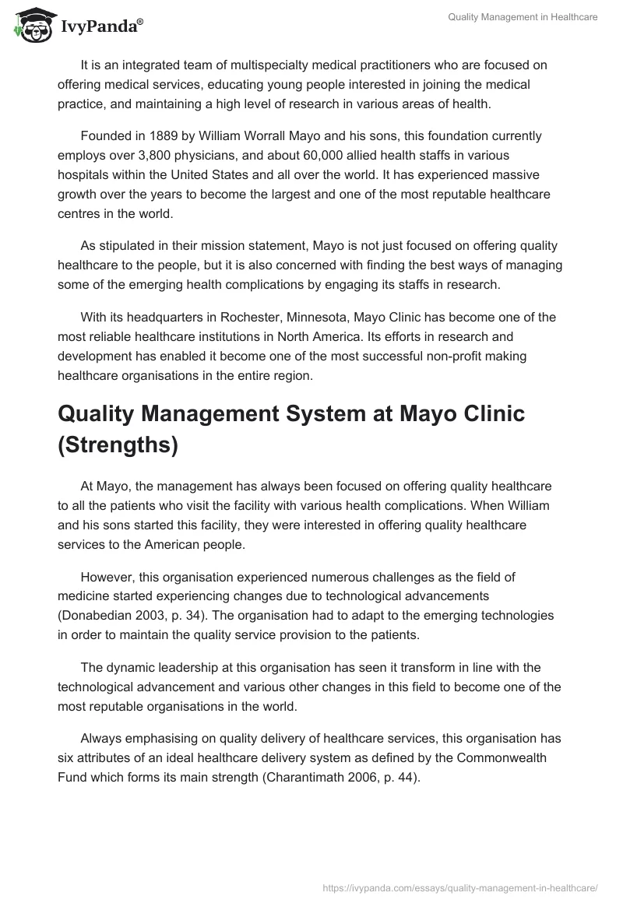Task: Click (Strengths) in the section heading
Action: click(118, 444)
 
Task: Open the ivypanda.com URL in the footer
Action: click(459, 887)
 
